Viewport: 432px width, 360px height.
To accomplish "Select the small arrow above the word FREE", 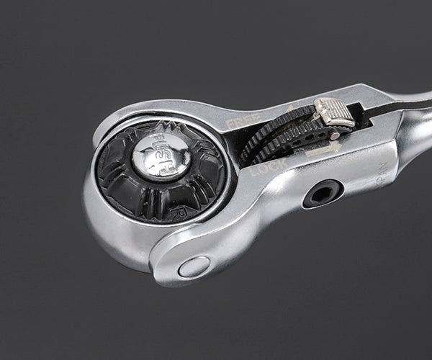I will (x=290, y=108).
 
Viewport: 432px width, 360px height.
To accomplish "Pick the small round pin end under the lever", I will (x=333, y=134).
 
